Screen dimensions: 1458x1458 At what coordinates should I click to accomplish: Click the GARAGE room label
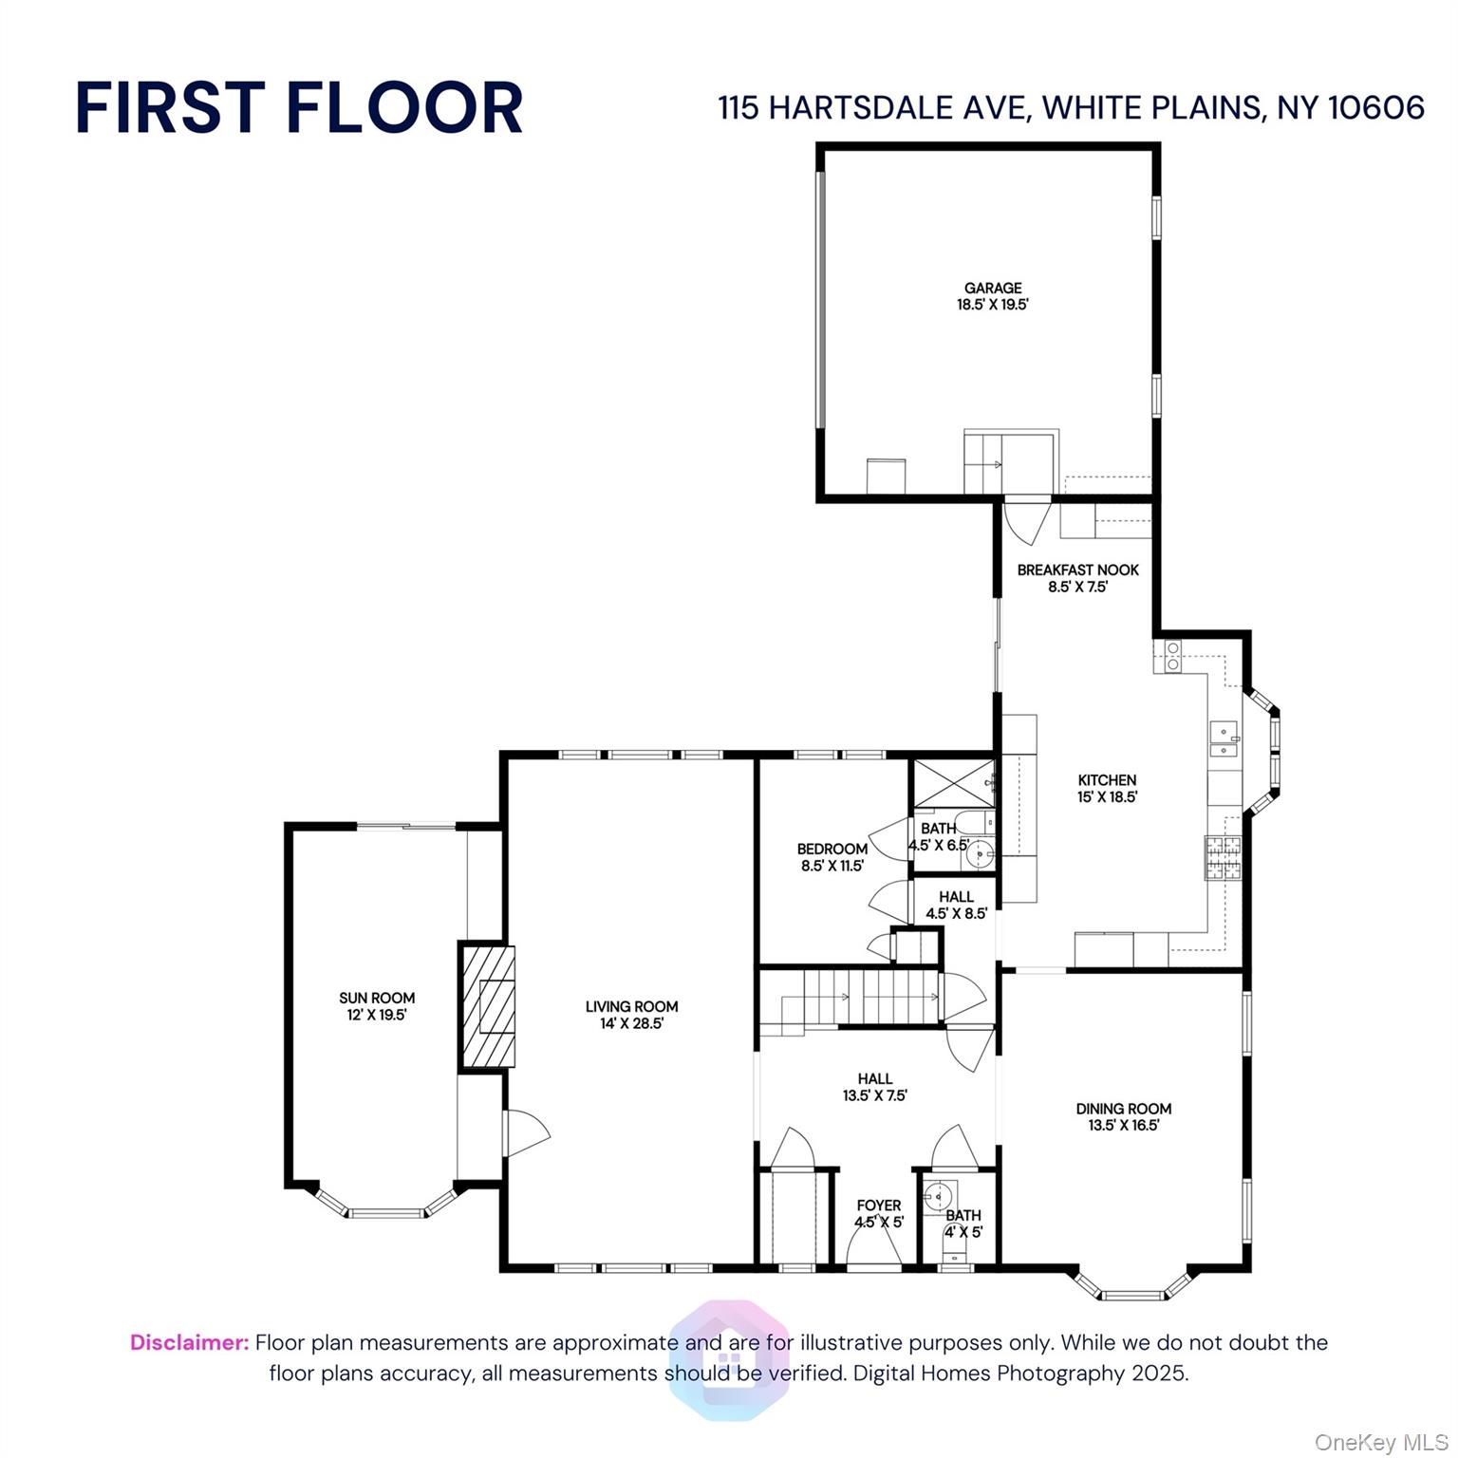993,296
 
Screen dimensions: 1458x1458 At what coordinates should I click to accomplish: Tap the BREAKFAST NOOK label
1077,578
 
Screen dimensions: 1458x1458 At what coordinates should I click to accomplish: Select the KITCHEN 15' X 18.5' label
1107,788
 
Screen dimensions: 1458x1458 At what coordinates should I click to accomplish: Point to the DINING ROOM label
1123,1116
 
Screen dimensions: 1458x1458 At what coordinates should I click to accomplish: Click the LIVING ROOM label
631,1015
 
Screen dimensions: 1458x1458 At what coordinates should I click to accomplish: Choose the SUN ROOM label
377,1006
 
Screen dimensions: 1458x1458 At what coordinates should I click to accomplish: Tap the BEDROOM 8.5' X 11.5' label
832,857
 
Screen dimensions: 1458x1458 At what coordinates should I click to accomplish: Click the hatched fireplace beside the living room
488,1006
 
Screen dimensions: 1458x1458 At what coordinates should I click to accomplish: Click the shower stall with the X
952,783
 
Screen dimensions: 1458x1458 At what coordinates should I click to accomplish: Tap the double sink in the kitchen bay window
1224,739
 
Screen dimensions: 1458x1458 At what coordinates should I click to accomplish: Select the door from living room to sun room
525,1133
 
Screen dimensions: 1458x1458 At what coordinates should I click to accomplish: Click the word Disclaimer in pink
189,1342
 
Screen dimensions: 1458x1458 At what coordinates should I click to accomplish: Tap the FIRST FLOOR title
299,107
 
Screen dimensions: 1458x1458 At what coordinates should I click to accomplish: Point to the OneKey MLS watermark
1381,1443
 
